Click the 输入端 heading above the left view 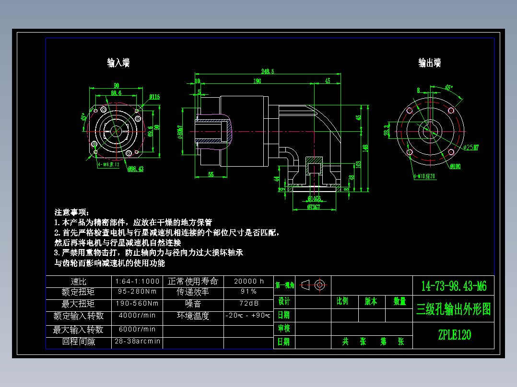tap(118, 63)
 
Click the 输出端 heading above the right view tap(429, 63)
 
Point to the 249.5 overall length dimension tap(268, 71)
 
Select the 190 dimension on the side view tap(257, 81)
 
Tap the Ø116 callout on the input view tap(154, 97)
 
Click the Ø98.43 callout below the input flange tap(136, 169)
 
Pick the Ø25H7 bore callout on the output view tap(470, 148)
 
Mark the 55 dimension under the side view tap(211, 174)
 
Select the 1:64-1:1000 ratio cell tap(137, 281)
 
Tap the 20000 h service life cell tap(248, 281)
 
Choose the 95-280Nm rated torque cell tap(137, 292)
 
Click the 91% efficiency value tap(248, 292)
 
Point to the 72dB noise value tap(248, 304)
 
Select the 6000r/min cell tap(137, 329)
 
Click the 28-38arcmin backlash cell tap(137, 342)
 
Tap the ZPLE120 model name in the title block tap(454, 335)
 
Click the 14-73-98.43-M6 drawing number tap(454, 286)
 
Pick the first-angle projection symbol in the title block tap(314, 285)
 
